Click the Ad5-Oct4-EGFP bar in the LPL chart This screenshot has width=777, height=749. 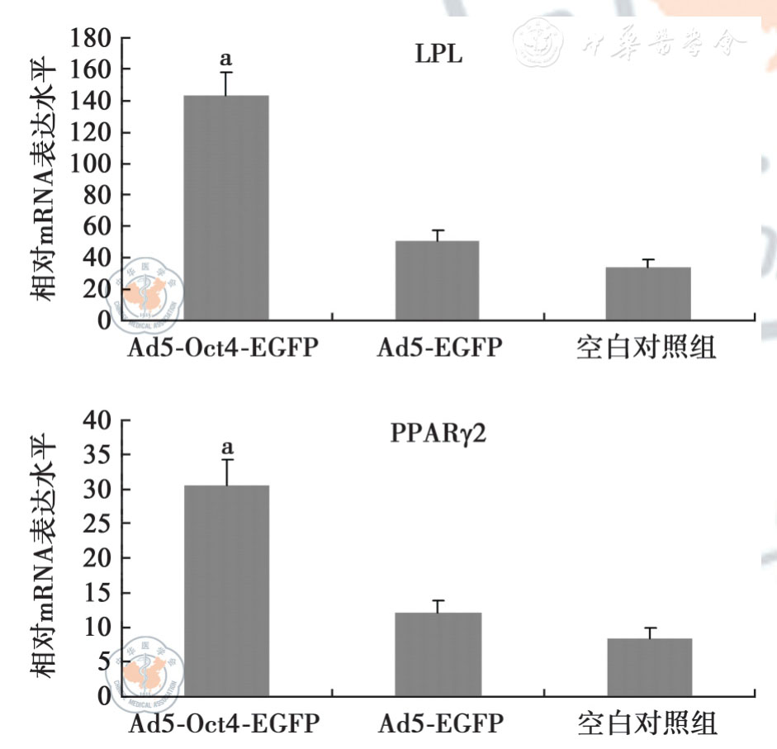[225, 207]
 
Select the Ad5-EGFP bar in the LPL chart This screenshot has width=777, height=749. [437, 280]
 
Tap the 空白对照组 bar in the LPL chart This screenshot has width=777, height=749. [648, 293]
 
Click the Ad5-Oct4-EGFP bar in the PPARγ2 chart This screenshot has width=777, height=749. [225, 590]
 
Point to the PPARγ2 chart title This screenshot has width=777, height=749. [438, 434]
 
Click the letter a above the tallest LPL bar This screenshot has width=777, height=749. [225, 59]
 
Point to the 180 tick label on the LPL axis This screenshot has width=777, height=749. [92, 38]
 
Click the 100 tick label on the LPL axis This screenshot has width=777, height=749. [92, 164]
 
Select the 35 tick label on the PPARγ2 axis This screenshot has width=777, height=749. [97, 455]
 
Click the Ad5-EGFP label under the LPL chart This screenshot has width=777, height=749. [438, 348]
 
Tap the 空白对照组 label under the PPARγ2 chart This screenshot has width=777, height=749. [647, 724]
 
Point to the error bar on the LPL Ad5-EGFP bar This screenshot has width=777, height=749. [438, 235]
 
